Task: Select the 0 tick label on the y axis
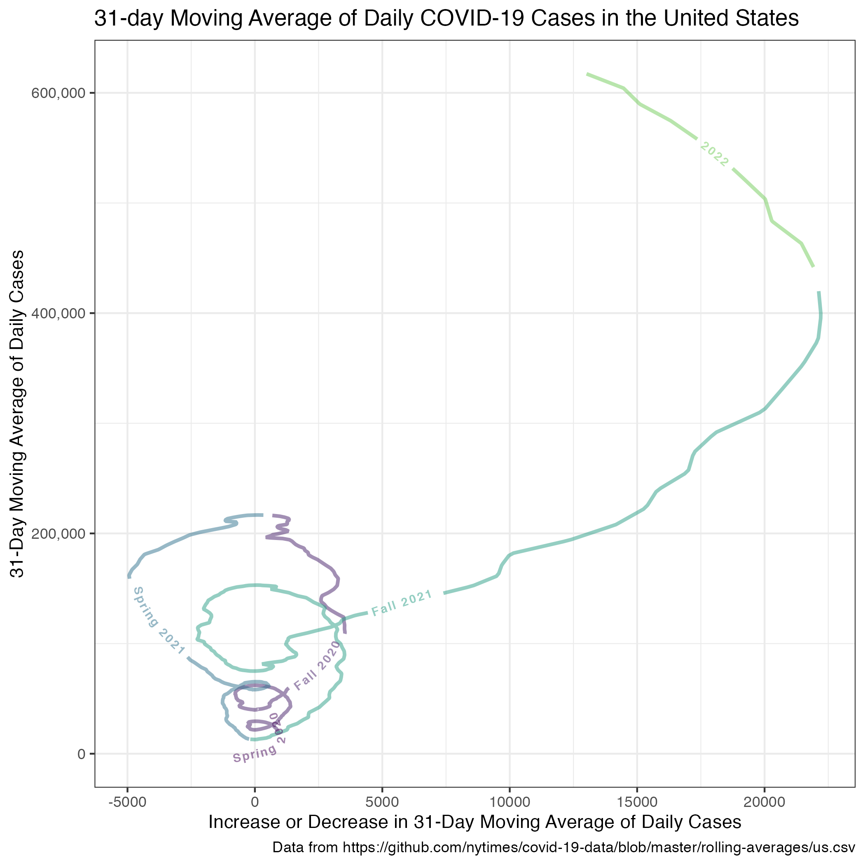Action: click(82, 754)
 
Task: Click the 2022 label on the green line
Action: click(714, 154)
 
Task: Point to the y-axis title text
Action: click(18, 414)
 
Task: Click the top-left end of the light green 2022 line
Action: click(587, 73)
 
